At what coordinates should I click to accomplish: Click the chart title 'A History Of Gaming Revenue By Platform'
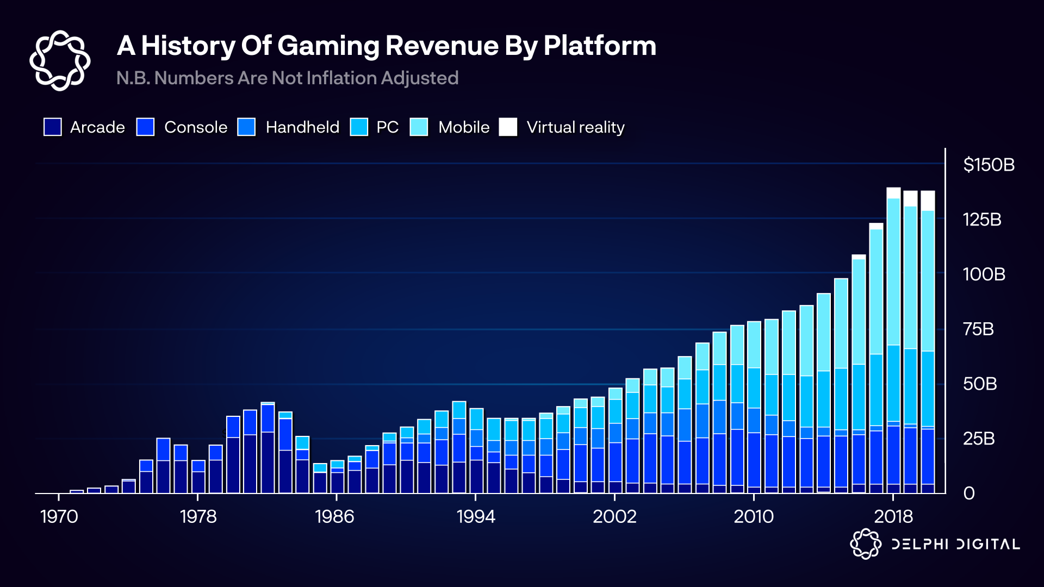click(386, 46)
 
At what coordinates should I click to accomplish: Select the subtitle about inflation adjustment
click(287, 78)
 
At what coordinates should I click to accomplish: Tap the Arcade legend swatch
click(53, 127)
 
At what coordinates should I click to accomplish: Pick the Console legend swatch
click(145, 127)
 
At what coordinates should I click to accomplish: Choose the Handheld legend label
click(302, 127)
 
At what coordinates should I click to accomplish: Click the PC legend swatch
click(359, 127)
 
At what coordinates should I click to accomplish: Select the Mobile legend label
click(464, 127)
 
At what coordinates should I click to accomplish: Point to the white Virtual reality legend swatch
click(508, 127)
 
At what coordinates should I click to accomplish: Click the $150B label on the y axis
click(989, 165)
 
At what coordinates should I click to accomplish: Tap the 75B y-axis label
click(978, 329)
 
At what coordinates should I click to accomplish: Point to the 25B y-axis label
click(979, 439)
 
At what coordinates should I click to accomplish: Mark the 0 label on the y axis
click(969, 494)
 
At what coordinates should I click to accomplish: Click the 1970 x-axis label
click(59, 516)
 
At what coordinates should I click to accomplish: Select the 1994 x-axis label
click(476, 516)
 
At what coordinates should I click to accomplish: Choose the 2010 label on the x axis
click(754, 516)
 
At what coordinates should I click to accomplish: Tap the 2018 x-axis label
click(893, 516)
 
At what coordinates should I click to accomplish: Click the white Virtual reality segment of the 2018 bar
click(893, 193)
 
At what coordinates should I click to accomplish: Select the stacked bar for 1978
click(198, 477)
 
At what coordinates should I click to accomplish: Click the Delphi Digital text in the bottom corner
click(955, 544)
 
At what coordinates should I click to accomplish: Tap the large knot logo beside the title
click(60, 60)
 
